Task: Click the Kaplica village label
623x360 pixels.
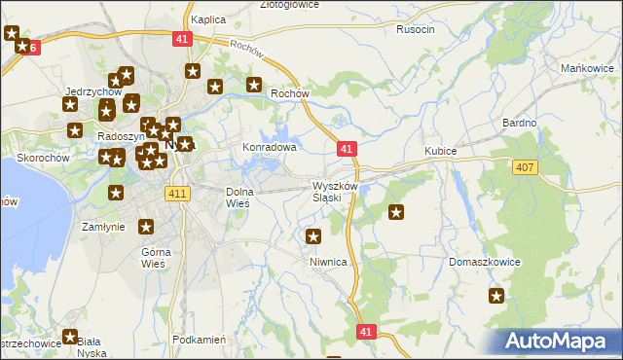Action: click(208, 19)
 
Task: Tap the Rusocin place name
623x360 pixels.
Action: click(416, 29)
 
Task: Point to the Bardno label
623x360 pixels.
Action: click(519, 123)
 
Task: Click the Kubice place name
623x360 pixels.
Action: click(440, 151)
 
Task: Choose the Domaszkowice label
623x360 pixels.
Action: click(485, 262)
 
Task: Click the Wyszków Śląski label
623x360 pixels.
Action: click(327, 191)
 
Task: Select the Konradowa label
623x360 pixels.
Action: click(269, 148)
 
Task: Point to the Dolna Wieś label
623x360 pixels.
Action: click(238, 198)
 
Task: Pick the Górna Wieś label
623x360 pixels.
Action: click(155, 257)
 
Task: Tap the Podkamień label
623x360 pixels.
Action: click(199, 340)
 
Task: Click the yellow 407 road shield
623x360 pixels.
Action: click(525, 168)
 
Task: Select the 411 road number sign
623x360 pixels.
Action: click(176, 195)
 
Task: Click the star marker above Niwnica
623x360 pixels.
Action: click(313, 236)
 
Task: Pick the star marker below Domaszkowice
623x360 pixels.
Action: click(496, 297)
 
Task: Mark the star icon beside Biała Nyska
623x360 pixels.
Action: click(70, 337)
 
